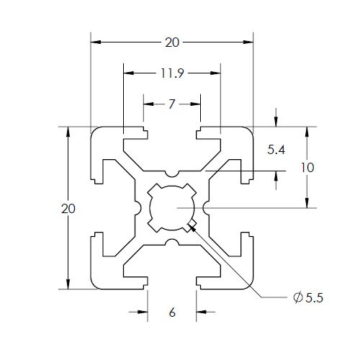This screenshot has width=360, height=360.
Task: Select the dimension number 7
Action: tap(171, 104)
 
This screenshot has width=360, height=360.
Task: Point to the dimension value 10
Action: tap(307, 167)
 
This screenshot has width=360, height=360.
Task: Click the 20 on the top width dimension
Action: tap(171, 42)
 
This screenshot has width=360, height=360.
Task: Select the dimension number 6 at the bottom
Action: tap(171, 312)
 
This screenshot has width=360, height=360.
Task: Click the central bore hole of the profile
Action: tap(171, 208)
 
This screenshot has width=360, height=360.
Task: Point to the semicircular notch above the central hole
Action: tap(171, 175)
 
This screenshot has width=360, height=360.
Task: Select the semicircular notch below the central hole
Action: tap(171, 242)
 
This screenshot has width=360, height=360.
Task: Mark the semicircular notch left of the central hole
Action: tap(138, 208)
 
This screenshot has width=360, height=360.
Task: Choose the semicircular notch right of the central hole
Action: tap(205, 208)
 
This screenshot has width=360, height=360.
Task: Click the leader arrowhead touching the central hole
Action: tap(192, 228)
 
